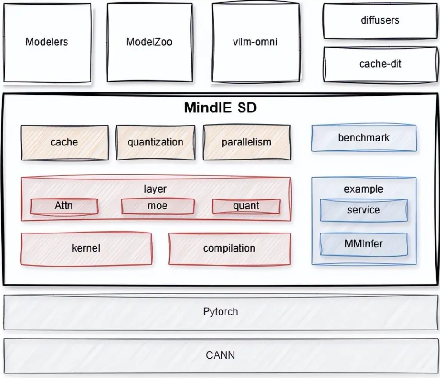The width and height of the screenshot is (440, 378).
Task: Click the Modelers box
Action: click(x=47, y=43)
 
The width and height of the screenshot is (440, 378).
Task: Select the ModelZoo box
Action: click(x=149, y=43)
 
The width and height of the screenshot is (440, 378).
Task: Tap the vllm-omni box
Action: click(x=255, y=43)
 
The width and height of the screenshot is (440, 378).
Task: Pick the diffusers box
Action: click(x=380, y=21)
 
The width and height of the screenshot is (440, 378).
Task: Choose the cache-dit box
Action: click(x=380, y=64)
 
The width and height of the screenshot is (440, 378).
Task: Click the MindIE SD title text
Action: click(x=221, y=108)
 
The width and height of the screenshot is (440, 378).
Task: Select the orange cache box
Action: click(x=64, y=142)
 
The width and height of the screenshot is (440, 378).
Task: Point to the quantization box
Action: click(x=155, y=142)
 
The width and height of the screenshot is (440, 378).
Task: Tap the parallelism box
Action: click(x=246, y=142)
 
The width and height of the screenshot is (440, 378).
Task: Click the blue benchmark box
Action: click(x=363, y=138)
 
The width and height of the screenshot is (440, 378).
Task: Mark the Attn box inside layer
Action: click(x=64, y=206)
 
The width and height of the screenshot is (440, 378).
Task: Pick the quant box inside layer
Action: click(x=246, y=206)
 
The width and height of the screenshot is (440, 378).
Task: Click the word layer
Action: click(x=155, y=189)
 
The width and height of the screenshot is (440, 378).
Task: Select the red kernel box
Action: click(x=86, y=248)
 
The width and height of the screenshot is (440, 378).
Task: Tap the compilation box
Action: click(x=230, y=248)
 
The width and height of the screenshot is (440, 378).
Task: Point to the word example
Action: click(x=363, y=189)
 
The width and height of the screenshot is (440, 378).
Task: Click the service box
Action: click(x=363, y=210)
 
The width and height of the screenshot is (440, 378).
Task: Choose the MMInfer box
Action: click(x=363, y=244)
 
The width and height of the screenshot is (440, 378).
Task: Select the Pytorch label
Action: click(x=220, y=312)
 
